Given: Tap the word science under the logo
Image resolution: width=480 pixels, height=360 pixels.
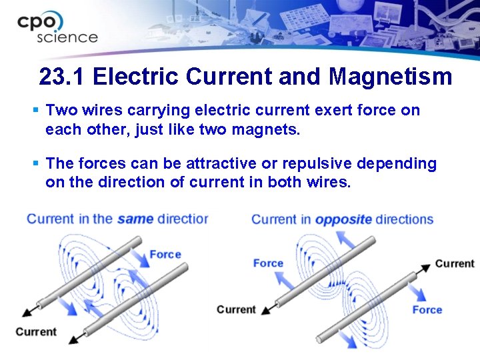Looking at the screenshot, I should (67, 38).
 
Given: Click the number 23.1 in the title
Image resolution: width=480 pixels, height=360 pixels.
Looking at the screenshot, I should (63, 77).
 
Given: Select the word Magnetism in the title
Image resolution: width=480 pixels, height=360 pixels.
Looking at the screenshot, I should (390, 77).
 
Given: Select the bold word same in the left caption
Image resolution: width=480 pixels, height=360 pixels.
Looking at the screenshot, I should (135, 219).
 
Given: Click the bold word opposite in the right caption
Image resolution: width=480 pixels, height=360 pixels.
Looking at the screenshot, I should (343, 219).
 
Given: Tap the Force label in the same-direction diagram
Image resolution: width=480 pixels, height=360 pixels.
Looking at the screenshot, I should (165, 254).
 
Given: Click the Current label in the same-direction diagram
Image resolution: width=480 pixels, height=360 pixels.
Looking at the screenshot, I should (36, 331).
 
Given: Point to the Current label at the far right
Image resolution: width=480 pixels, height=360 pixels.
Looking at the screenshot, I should (454, 263).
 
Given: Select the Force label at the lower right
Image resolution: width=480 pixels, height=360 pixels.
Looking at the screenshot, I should (427, 309).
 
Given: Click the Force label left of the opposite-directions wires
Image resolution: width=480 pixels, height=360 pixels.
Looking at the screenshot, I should (268, 263).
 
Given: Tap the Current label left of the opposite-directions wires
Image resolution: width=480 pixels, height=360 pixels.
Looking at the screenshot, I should (236, 309).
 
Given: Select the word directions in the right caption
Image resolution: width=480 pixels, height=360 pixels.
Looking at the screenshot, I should (404, 219).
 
